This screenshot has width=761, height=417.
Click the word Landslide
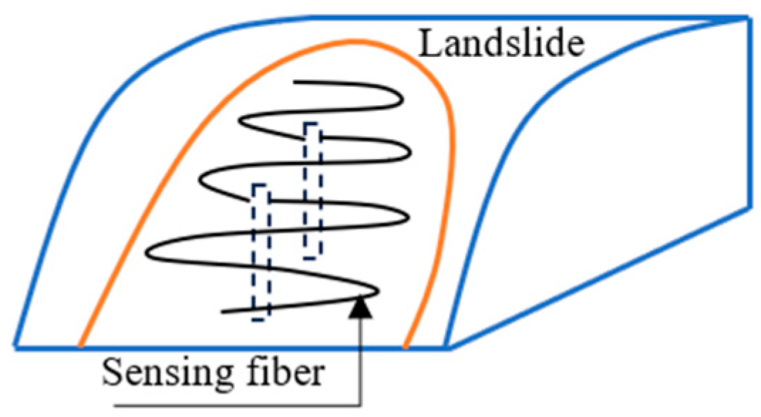501,44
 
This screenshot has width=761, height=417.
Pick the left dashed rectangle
260,252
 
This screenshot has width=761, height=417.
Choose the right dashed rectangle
311,190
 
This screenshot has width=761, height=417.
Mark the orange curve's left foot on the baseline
80,347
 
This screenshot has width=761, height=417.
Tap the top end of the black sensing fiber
295,83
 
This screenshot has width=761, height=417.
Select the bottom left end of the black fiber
223,311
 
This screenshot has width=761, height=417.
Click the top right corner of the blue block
749,16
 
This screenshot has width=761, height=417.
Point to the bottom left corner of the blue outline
15,347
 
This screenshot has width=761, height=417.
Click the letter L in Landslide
427,44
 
